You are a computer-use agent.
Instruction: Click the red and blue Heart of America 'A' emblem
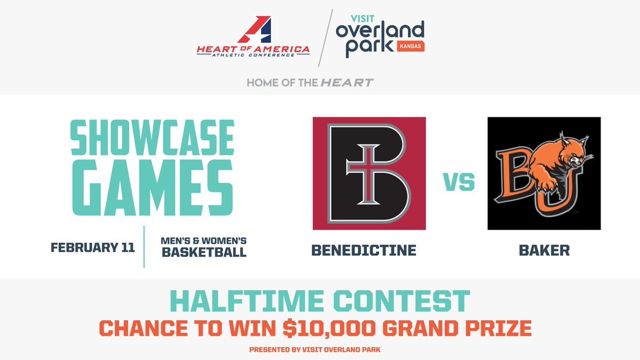point(254,30)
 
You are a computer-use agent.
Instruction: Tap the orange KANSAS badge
point(411,46)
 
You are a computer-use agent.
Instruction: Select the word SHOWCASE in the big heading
point(153,138)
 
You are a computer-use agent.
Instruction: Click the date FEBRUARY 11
point(93,248)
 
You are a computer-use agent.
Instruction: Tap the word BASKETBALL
point(204,252)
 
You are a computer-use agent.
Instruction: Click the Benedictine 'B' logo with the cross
point(369,173)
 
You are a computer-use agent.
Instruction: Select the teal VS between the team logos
point(459,183)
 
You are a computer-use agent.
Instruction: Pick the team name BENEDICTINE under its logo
point(364,250)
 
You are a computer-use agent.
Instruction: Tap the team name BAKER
point(544,250)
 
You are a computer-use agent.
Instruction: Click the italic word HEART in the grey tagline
point(347,83)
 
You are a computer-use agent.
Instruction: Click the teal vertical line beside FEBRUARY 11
point(145,246)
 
